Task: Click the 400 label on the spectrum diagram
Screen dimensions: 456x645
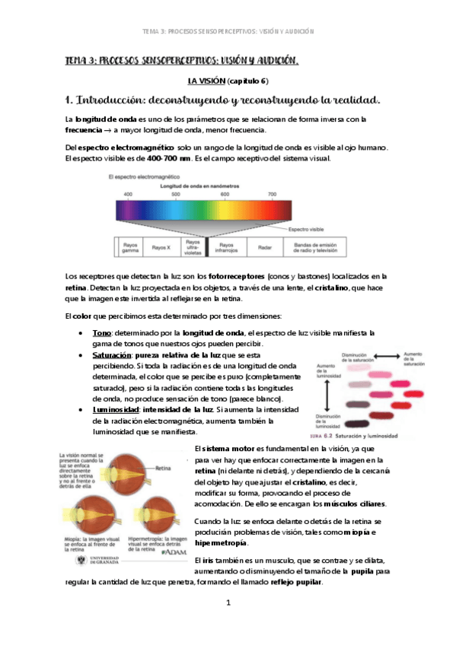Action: [128, 195]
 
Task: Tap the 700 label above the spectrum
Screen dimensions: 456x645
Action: [273, 195]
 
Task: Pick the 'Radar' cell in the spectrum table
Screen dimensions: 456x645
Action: [265, 247]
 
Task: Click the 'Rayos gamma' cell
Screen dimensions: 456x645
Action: [129, 247]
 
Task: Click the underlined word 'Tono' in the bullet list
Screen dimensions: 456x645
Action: [101, 333]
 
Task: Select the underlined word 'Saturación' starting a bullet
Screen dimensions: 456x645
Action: [110, 355]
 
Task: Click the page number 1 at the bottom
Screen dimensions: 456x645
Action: [228, 603]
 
